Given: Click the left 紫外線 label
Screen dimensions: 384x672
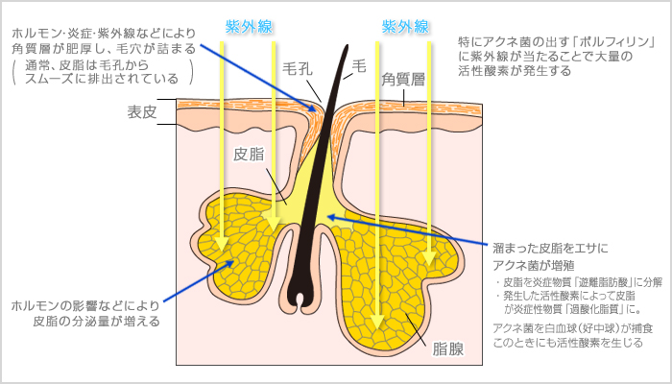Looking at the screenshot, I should tap(246, 26).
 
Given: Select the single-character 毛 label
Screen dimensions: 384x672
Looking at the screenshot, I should tap(361, 65).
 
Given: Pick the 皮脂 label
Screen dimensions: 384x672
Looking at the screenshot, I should tap(249, 154).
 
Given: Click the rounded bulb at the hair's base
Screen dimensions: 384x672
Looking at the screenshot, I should tap(303, 296).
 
